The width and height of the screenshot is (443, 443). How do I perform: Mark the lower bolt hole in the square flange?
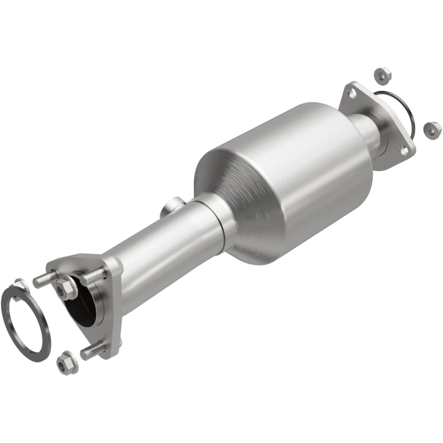[x=404, y=148]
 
